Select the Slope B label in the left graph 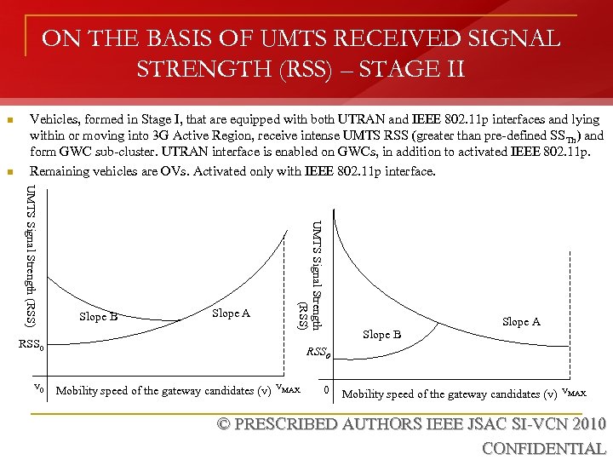pyautogui.click(x=98, y=317)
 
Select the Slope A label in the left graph pyautogui.click(x=231, y=313)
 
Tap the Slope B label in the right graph pyautogui.click(x=381, y=334)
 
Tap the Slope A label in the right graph pyautogui.click(x=521, y=321)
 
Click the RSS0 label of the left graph pyautogui.click(x=37, y=346)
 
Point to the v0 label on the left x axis pyautogui.click(x=38, y=388)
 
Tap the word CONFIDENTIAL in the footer pyautogui.click(x=543, y=448)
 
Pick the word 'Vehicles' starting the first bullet pyautogui.click(x=53, y=119)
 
